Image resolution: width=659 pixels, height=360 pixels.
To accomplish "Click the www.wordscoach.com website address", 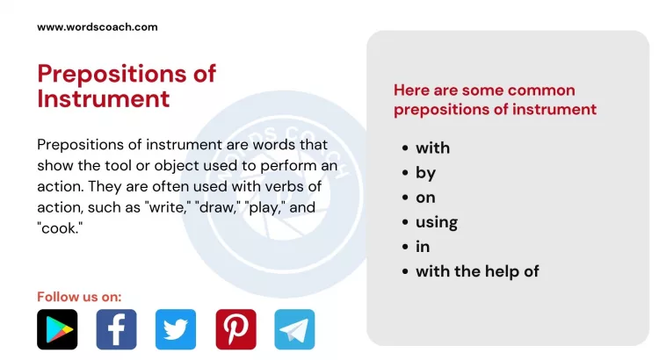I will point(98,27).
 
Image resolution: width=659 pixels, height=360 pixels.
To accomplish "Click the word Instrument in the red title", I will point(104,98).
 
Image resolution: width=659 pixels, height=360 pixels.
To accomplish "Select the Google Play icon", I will point(57,329).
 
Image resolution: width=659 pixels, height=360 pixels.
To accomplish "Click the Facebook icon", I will point(116,329).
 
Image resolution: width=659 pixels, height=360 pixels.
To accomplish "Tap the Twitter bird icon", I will point(176,329).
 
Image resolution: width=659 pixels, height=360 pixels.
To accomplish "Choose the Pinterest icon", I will point(235,329).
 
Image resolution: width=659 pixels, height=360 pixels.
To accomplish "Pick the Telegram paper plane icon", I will point(294,329).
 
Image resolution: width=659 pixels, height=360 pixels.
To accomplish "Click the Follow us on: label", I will point(79,297).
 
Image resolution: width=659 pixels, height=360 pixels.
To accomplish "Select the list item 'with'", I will point(432,148).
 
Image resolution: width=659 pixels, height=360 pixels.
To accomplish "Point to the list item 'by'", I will point(425,173).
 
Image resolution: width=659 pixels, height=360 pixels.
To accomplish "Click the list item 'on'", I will point(425,198).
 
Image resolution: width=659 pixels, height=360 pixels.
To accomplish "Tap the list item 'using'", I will point(436,222).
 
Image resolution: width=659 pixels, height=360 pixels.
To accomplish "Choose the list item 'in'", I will point(423,247).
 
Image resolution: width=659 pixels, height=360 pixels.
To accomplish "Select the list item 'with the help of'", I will point(477,271).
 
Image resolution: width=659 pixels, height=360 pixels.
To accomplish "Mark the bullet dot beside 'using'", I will point(405,223).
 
